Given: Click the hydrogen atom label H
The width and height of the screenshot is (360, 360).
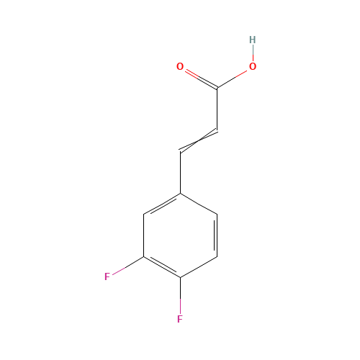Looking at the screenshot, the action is pos(252,40).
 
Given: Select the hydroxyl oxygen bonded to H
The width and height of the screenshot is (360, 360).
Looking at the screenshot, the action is pos(252,67).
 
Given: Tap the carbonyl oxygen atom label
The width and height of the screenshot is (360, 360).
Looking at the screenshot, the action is pos(180,67).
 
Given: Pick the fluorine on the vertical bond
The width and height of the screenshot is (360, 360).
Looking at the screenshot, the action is pos(180,318).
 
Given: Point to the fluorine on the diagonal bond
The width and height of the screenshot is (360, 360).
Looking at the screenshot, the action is pos(107,276).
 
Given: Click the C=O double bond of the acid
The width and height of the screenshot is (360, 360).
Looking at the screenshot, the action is pos(199,78).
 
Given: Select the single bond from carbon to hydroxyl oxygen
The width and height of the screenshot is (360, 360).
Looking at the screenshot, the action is pos(233,78).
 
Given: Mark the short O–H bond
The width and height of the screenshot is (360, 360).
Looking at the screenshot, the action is pos(252,53).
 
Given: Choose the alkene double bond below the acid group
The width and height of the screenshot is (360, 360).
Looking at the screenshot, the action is pos(198,141).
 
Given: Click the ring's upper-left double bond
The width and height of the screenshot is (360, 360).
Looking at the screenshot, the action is pos(162,203).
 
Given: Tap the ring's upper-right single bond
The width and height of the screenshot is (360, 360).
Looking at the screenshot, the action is pos(198,203).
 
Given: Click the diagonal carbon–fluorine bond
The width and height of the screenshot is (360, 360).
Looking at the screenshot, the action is pos(127,266).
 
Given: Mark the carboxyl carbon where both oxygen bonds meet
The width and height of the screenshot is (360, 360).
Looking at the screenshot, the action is pos(217,88).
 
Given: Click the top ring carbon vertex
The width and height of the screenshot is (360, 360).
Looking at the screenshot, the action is pos(180,193).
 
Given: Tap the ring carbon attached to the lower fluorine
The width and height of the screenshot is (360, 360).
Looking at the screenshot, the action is pos(180,277).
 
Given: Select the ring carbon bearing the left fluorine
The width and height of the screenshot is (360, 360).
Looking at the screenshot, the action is pos(144,256).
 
